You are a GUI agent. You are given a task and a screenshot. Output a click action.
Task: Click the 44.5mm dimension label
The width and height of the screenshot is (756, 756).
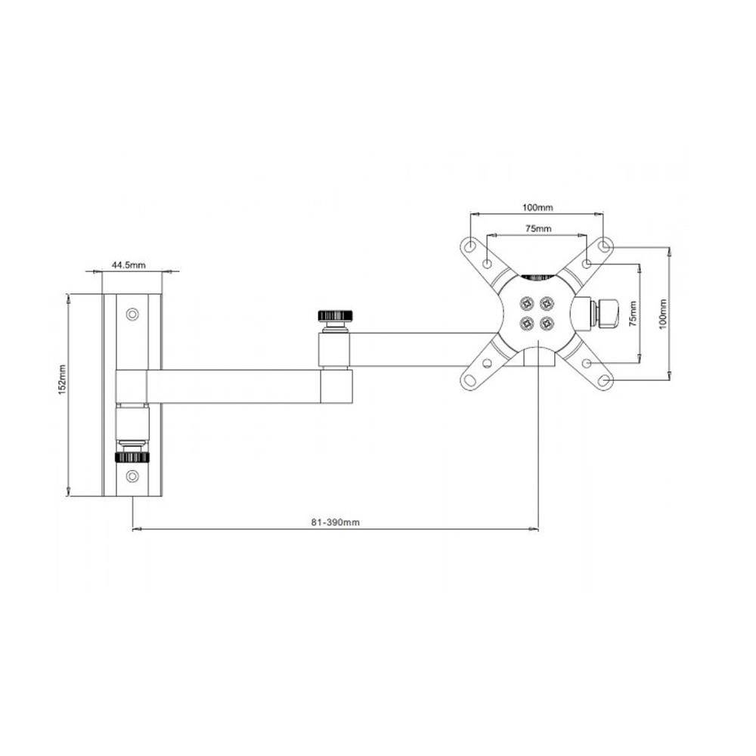(x=129, y=265)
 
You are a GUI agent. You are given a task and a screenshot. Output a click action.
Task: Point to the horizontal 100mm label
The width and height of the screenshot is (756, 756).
(x=538, y=206)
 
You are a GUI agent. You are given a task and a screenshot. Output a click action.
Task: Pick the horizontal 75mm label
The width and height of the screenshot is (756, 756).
(x=538, y=228)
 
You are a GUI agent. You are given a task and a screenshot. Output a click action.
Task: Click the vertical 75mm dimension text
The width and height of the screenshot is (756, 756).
(x=634, y=311)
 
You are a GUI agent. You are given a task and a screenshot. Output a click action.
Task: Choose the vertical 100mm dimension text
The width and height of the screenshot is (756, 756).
(x=663, y=312)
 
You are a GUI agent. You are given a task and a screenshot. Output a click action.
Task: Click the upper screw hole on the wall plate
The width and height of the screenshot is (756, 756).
(x=132, y=313)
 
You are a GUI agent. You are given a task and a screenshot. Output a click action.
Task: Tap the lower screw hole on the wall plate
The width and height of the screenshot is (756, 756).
(x=132, y=476)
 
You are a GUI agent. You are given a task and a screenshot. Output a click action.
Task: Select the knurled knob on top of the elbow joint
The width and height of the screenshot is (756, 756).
(x=333, y=315)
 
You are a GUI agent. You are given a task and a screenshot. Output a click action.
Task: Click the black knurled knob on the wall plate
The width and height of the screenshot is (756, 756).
(x=132, y=457)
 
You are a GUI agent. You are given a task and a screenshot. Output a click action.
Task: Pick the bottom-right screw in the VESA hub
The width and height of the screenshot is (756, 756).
(x=547, y=323)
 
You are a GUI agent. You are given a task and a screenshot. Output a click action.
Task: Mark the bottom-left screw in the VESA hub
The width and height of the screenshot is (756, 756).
(x=525, y=323)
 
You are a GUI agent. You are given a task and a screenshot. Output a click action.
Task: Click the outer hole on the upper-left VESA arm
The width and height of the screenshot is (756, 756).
(x=469, y=246)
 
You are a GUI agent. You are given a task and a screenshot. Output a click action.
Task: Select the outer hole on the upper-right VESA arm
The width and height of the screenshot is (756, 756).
(x=604, y=246)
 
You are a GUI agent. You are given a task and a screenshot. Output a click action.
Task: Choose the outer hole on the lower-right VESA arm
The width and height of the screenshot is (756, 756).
(x=604, y=380)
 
